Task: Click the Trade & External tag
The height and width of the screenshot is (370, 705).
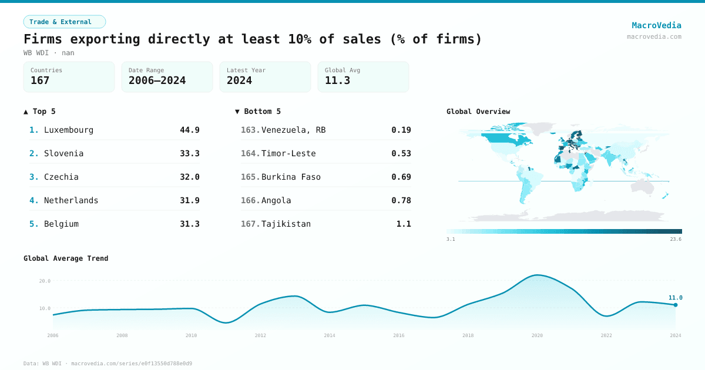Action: tap(65, 22)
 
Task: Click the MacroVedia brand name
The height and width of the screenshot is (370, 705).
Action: tap(656, 25)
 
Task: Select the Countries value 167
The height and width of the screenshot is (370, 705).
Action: tap(40, 80)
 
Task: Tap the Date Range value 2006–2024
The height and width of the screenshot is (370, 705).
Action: tap(157, 80)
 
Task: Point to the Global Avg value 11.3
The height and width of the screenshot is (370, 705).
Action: tap(337, 80)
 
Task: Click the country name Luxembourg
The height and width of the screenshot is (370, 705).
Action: tap(69, 130)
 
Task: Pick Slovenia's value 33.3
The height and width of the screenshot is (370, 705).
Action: tap(189, 153)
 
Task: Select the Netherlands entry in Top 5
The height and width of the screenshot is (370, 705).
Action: tap(71, 200)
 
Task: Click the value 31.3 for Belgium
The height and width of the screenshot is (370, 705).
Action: tap(189, 224)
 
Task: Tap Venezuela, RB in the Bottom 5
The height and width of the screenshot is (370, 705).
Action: tap(293, 130)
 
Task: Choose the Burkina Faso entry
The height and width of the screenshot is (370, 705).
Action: tap(291, 177)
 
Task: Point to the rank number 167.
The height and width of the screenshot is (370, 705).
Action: tap(250, 224)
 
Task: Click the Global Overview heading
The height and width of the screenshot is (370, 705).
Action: tap(478, 112)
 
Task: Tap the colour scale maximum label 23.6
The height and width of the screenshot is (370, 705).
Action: tap(674, 239)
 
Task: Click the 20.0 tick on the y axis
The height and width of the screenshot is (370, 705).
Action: tap(45, 281)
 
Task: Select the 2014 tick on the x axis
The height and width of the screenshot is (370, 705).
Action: tap(330, 335)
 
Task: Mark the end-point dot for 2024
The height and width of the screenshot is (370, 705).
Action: tap(676, 305)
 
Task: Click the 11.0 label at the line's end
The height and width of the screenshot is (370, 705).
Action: tap(675, 298)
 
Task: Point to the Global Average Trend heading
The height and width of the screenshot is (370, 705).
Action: tap(66, 258)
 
